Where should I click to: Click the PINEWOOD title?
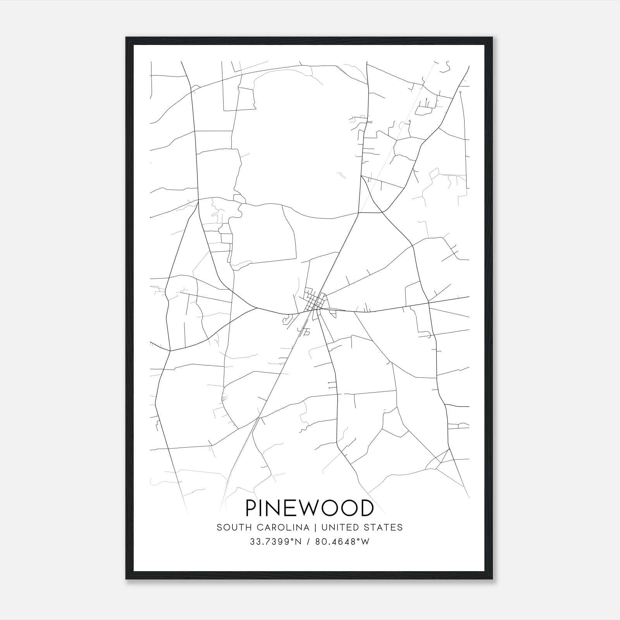coord(310,508)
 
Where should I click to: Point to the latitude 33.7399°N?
coord(276,542)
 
